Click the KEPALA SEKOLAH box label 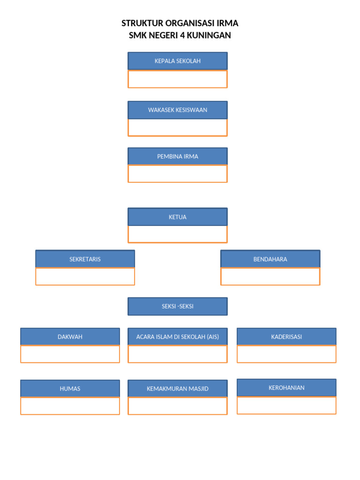[x=178, y=61]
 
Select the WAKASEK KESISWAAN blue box [x=178, y=110]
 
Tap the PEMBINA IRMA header [x=178, y=157]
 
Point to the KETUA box [x=178, y=217]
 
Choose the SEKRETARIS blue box [x=85, y=259]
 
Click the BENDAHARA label [x=270, y=259]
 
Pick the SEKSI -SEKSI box [x=178, y=307]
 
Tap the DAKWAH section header [x=70, y=337]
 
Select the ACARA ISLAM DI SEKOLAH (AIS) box [x=178, y=337]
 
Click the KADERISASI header [x=286, y=337]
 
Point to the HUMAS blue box [x=70, y=389]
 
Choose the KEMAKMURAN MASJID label [x=178, y=389]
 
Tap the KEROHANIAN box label [x=286, y=388]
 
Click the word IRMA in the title [x=227, y=23]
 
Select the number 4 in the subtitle [x=183, y=35]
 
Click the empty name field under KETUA [x=178, y=234]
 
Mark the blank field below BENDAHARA [x=270, y=277]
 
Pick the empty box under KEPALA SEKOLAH [x=178, y=79]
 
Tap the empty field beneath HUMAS [x=70, y=406]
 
